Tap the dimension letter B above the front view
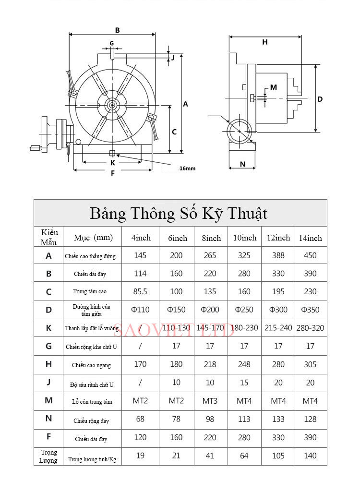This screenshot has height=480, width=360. click(117, 30)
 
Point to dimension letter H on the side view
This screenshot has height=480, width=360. click(264, 42)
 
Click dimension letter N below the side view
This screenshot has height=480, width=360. click(242, 164)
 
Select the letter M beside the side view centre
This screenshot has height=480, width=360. click(274, 87)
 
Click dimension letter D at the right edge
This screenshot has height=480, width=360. click(320, 99)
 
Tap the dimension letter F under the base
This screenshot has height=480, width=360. click(113, 173)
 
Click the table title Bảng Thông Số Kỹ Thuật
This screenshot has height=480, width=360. click(179, 213)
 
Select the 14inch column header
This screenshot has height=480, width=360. click(310, 238)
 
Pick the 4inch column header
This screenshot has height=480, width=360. click(140, 238)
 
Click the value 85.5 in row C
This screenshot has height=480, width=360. click(140, 291)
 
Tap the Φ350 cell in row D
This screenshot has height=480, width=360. click(310, 310)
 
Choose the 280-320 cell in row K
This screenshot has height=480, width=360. click(311, 328)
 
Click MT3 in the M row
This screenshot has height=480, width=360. click(210, 401)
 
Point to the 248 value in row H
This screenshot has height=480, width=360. click(244, 364)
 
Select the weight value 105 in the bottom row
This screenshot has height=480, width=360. click(278, 456)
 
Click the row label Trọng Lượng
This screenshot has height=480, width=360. click(48, 456)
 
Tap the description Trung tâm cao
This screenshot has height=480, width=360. click(90, 292)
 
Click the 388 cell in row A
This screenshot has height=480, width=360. click(278, 255)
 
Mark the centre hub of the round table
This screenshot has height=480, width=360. click(111, 104)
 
